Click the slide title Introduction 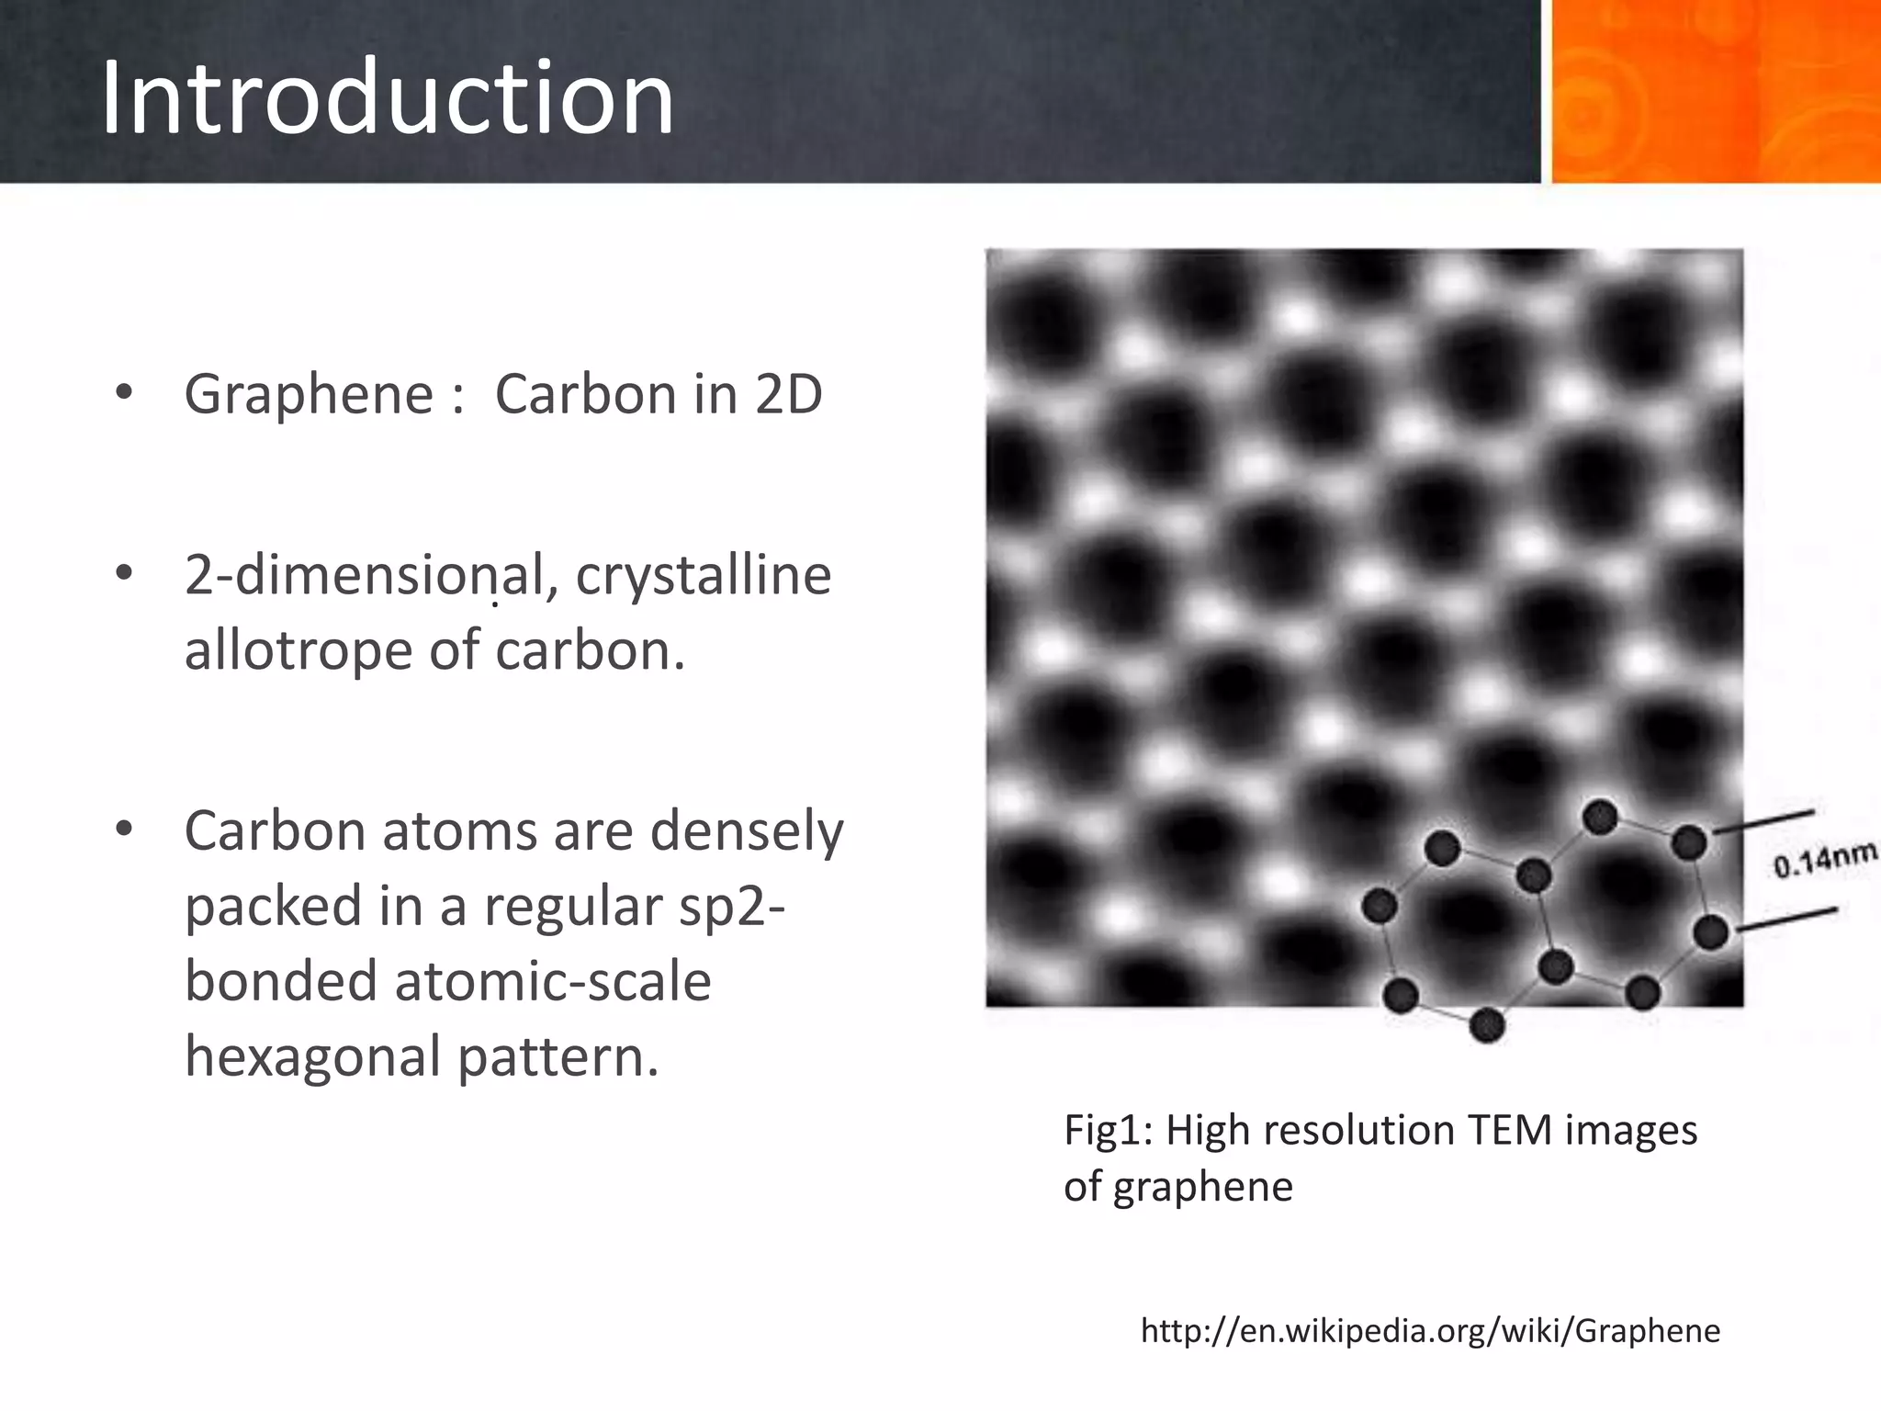tap(387, 97)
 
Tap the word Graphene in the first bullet tap(308, 394)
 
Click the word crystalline tap(704, 576)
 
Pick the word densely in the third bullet tap(746, 832)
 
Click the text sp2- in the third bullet tap(731, 908)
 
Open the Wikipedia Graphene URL tap(1430, 1330)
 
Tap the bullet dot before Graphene tap(124, 394)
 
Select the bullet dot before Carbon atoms tap(124, 830)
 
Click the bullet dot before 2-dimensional tap(124, 574)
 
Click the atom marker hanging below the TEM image tap(1487, 1025)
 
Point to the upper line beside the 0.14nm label tap(1764, 821)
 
